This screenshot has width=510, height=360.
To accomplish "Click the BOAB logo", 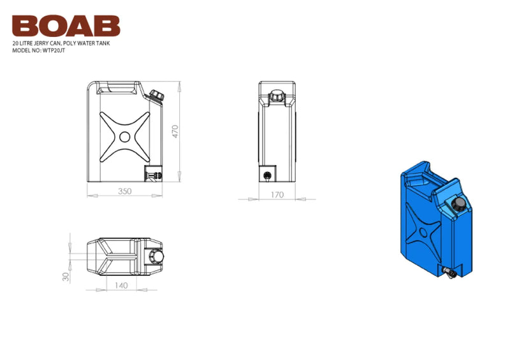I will [66, 25].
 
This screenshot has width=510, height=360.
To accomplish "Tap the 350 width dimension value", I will [126, 192].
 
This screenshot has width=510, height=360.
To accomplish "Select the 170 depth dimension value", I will [276, 195].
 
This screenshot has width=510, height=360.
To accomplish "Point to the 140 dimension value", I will [119, 286].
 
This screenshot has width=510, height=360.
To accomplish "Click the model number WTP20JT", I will [53, 50].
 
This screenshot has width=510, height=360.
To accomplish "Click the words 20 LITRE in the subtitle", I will [24, 43].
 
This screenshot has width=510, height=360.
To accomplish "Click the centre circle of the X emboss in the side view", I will [124, 136].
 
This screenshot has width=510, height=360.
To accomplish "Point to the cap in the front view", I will [276, 95].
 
